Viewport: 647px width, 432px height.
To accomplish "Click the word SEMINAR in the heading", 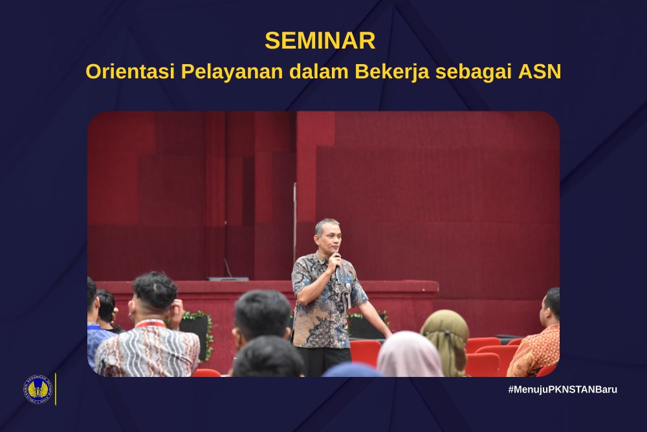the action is [320, 40].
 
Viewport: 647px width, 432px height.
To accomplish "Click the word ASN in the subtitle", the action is [540, 71].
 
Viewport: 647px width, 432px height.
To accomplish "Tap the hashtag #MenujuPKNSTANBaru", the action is [563, 389].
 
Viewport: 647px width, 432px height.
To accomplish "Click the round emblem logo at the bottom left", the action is [38, 389].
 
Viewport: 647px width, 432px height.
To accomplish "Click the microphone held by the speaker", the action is [336, 268].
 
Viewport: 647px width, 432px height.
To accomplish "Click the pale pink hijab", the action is [410, 354].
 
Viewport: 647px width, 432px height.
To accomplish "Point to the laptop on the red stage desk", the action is [228, 278].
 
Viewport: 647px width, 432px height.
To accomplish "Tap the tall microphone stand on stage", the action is [294, 223].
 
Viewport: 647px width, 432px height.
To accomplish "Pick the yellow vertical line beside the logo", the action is [56, 389].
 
